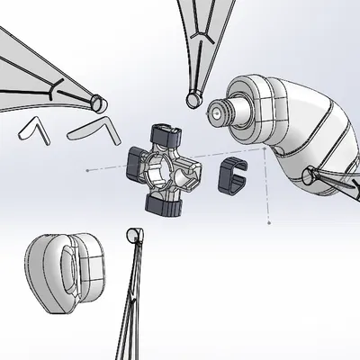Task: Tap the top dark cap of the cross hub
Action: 166,138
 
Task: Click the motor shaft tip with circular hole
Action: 217,112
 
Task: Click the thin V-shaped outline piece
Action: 33,129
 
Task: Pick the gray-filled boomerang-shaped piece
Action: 94,126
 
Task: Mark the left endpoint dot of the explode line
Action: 86,168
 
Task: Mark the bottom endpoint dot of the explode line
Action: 269,221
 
